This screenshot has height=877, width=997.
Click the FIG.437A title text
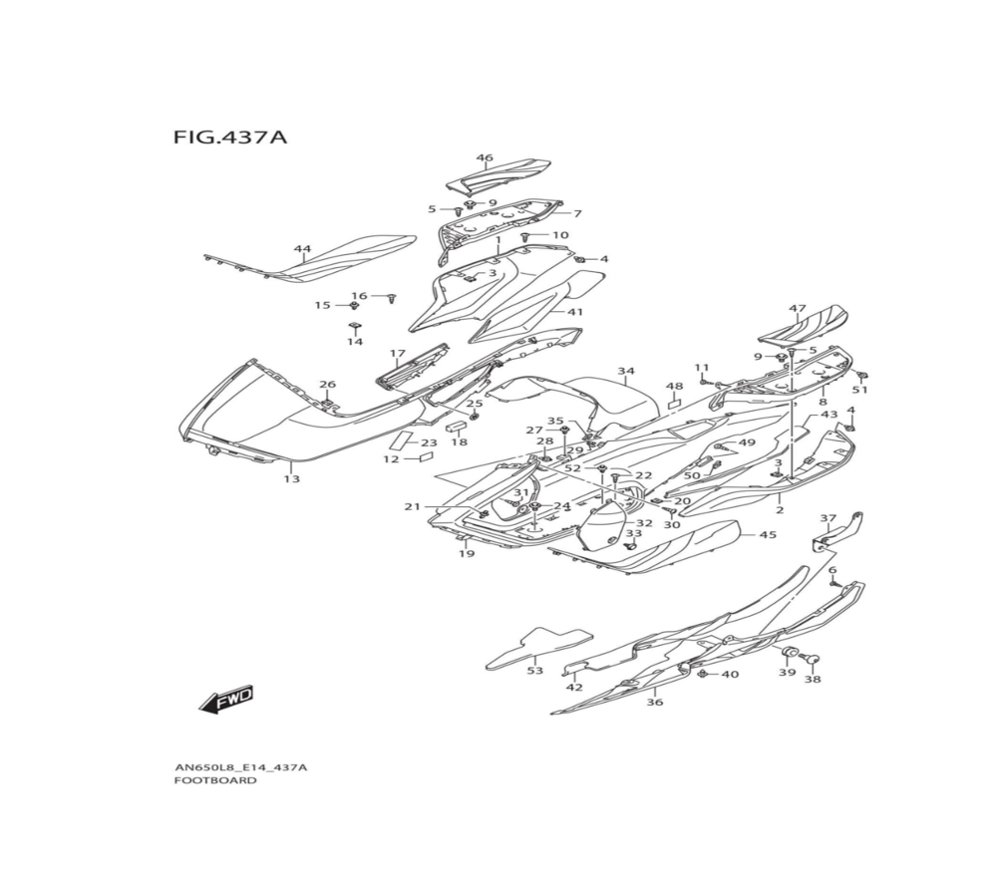(230, 137)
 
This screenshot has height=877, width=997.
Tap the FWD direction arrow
(226, 700)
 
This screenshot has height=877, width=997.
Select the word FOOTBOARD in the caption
(215, 780)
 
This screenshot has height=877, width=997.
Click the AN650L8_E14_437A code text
(240, 767)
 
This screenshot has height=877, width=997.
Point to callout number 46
(485, 157)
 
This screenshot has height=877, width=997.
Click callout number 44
(302, 248)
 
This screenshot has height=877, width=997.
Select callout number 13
(291, 478)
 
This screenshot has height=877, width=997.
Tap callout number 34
(626, 371)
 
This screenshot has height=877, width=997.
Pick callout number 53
(535, 671)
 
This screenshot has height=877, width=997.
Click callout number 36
(654, 702)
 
